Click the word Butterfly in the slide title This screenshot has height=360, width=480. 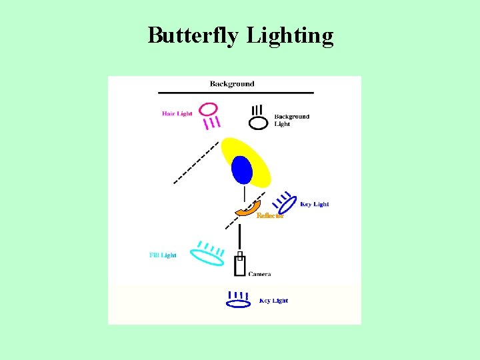tap(193, 35)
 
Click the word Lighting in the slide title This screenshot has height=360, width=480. tap(290, 35)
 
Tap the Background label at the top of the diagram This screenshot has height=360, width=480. tap(232, 84)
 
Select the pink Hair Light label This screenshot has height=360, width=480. tap(177, 113)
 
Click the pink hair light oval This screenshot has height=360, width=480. tap(208, 108)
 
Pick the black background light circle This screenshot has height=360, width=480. tap(258, 123)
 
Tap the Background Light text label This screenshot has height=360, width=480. tap(291, 120)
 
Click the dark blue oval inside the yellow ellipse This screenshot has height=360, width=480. tap(242, 169)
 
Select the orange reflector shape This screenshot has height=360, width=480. tap(249, 209)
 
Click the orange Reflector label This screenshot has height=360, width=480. tap(271, 215)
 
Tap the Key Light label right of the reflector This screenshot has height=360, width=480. tap(315, 204)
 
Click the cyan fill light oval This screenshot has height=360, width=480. tap(207, 256)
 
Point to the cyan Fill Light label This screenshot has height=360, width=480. tap(163, 255)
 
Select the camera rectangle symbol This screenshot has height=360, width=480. tap(240, 265)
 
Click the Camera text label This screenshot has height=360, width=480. tap(259, 274)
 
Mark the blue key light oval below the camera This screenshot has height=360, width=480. tap(238, 304)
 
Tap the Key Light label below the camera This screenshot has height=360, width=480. tap(273, 301)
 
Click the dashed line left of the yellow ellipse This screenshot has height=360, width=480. tap(196, 162)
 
